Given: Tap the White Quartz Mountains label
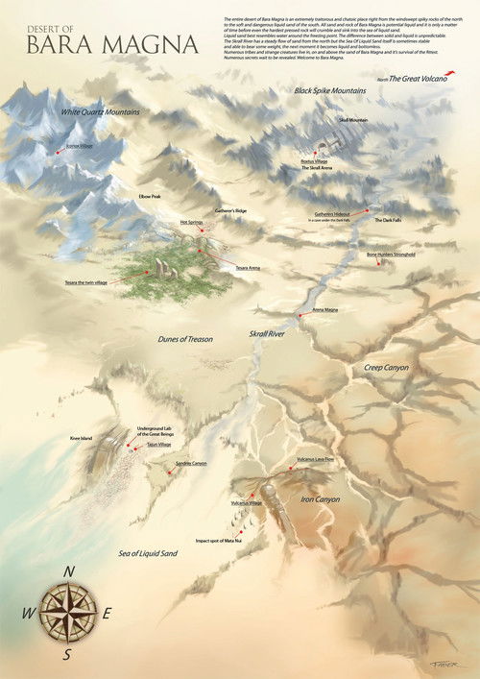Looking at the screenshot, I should [101, 112].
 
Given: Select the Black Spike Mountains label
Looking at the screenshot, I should [331, 89].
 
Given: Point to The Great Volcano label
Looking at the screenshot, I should [418, 78].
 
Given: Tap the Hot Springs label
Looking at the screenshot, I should [191, 223].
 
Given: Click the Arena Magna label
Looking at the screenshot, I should [324, 310].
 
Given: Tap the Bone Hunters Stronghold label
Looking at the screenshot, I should [391, 255].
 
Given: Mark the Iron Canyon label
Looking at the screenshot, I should [321, 499].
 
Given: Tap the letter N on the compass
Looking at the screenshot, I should [69, 571].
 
